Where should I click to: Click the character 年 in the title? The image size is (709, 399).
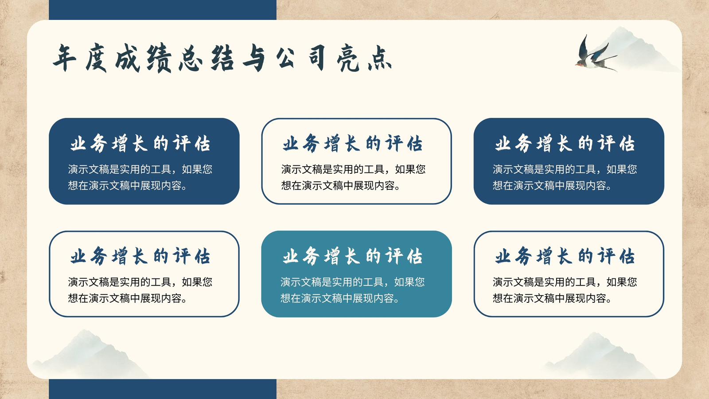(x=65, y=58)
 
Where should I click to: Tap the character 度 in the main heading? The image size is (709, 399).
(x=96, y=58)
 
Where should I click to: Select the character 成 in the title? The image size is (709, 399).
(x=128, y=58)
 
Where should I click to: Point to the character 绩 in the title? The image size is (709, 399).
(x=159, y=59)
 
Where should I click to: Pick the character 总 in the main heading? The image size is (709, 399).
(x=191, y=59)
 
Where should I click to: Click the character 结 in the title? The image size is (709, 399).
(x=222, y=59)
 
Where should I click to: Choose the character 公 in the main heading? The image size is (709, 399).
(x=285, y=58)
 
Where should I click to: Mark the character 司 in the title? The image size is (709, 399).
(x=317, y=58)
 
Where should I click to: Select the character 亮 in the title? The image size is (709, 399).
(x=348, y=59)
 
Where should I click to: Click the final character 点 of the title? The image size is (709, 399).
(x=380, y=59)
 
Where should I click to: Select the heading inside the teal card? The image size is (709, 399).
(x=353, y=256)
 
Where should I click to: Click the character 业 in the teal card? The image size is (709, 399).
(x=291, y=256)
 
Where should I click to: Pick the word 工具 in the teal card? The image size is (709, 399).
(x=373, y=282)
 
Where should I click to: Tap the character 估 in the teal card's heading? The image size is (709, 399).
(x=415, y=256)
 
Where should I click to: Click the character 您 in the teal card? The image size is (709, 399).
(x=420, y=282)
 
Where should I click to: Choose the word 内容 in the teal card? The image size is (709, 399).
(x=384, y=298)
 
